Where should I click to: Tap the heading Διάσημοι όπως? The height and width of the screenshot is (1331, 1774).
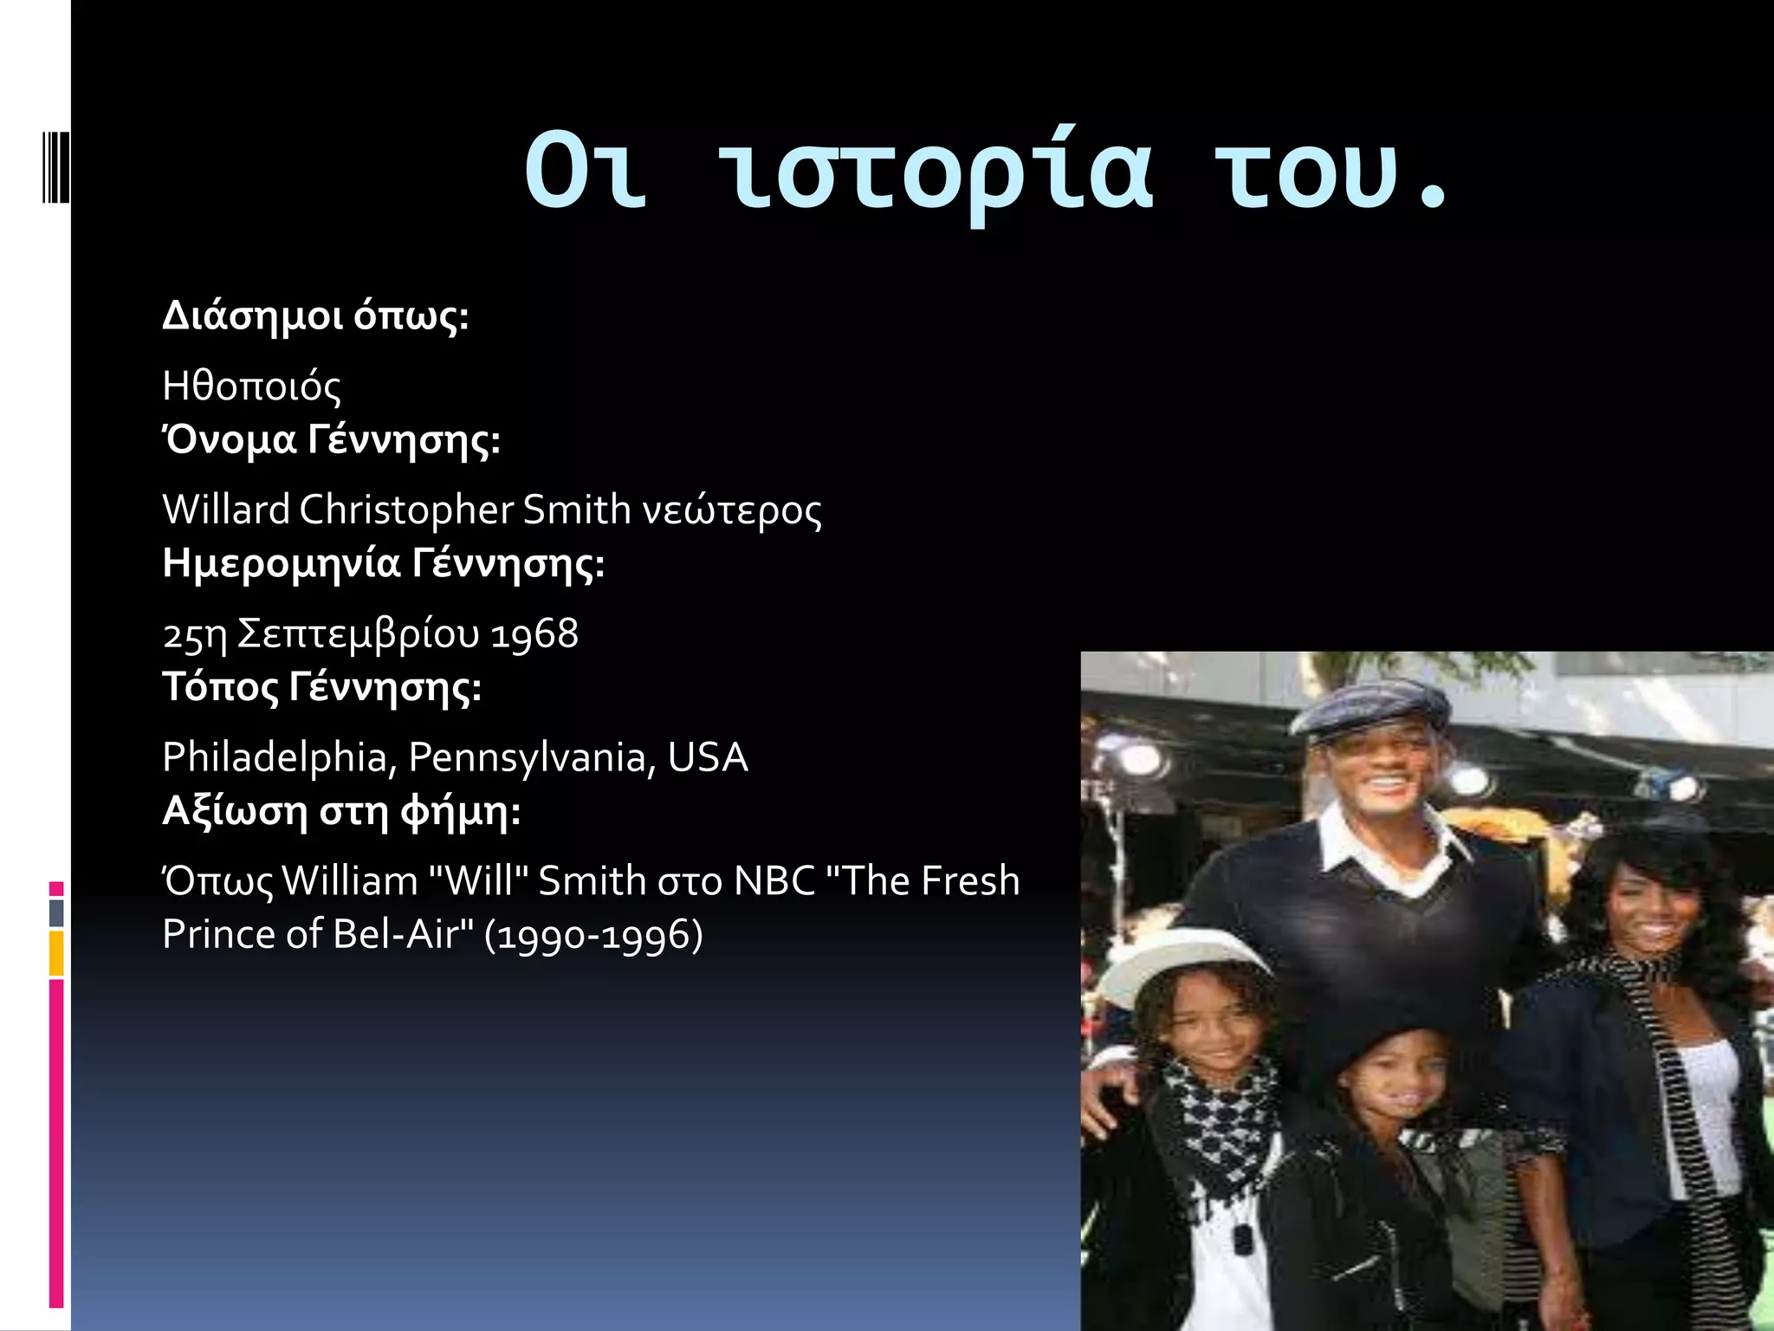point(315,316)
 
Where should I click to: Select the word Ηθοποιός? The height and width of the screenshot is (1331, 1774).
point(251,386)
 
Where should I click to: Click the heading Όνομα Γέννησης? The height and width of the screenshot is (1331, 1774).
point(331,440)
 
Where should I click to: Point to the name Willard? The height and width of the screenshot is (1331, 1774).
point(226,510)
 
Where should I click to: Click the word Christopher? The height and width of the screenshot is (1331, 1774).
point(406,510)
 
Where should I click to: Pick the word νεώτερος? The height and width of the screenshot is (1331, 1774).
point(732,511)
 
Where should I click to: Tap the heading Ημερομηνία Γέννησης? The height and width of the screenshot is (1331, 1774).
point(384,564)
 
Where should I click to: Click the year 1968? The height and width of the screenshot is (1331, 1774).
point(534,634)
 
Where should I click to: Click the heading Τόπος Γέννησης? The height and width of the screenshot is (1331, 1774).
point(321,688)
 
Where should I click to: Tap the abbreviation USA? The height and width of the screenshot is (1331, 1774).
point(708,758)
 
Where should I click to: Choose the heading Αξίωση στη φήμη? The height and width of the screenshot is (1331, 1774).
point(341,812)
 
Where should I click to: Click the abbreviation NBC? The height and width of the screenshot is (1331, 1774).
point(775,881)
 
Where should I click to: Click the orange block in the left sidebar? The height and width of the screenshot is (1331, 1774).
point(56,953)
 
